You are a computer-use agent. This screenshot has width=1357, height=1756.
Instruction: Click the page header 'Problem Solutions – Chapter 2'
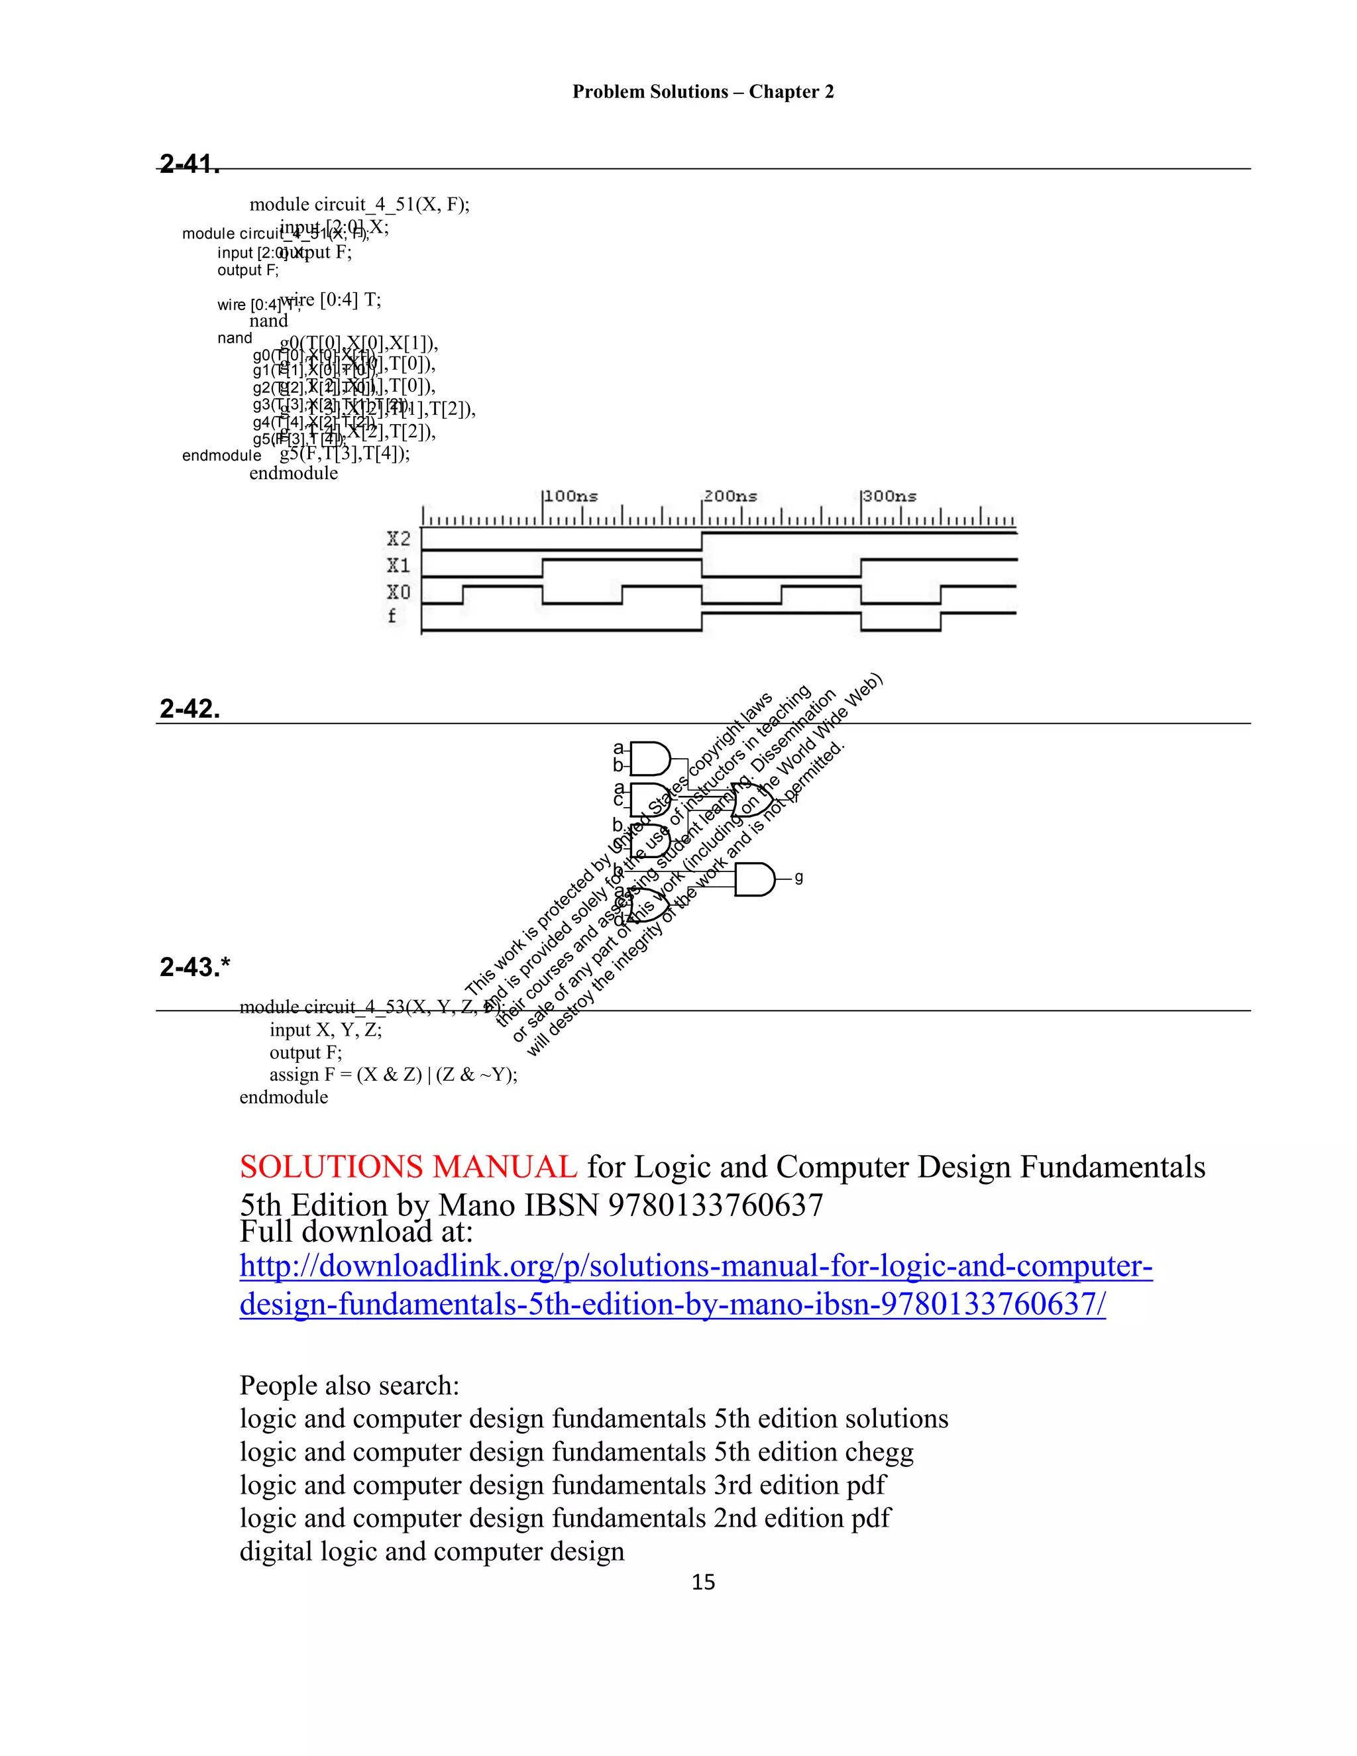702,91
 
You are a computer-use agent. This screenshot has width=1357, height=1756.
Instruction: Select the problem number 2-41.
190,164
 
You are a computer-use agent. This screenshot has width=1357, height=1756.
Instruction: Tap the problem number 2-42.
190,708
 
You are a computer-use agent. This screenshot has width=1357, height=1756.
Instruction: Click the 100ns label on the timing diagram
570,496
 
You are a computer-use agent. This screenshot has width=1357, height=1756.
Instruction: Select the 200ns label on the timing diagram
730,496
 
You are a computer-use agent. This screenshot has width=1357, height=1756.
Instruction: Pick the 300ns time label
889,496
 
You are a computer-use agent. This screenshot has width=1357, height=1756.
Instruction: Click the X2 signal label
399,539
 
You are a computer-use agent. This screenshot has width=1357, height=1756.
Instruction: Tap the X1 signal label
399,565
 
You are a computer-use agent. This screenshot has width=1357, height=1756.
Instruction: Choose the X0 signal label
399,592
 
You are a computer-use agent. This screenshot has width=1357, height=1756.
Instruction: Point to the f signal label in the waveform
392,617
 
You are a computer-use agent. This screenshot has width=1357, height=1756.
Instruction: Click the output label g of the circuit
798,877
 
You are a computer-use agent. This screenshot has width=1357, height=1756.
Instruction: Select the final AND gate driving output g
754,879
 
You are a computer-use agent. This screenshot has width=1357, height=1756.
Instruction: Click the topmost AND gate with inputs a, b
649,758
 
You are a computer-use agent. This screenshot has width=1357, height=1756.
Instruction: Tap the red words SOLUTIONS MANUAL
408,1167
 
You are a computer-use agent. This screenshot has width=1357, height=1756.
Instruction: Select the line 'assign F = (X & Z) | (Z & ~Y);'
393,1075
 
